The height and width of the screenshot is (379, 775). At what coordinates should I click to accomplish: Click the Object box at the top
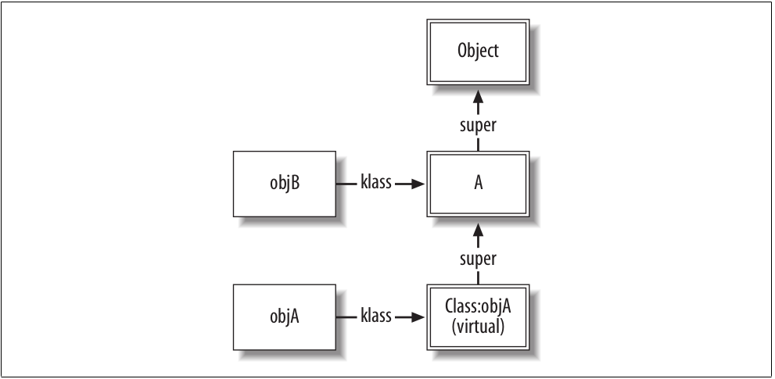478,53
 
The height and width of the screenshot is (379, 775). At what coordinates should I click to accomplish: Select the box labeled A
478,184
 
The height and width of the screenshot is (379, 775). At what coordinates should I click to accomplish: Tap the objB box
284,184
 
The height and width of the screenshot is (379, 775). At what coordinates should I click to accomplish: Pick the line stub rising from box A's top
478,145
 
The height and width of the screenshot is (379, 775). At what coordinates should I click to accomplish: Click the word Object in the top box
478,53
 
